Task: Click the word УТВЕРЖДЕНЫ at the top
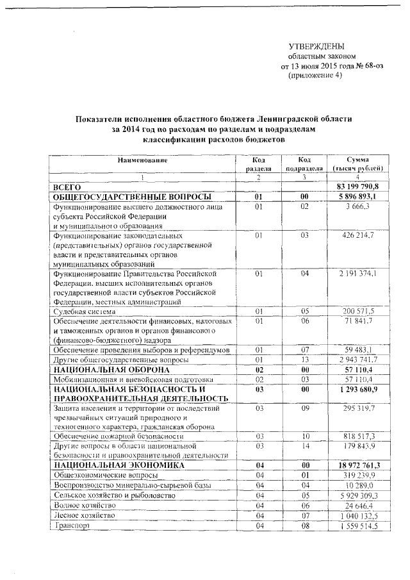tap(316, 47)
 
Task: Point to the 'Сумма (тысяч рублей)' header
tap(357, 163)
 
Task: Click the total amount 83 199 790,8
tap(357, 186)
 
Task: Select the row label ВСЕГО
tap(69, 186)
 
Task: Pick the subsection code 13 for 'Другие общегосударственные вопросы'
tap(305, 360)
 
